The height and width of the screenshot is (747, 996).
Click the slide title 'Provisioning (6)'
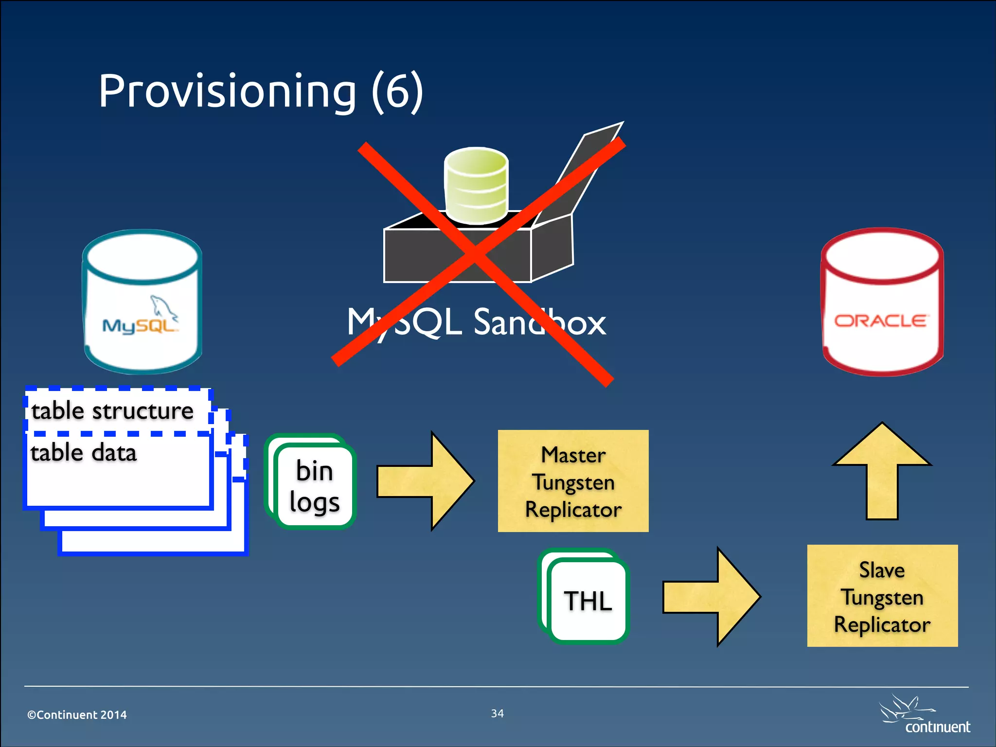pyautogui.click(x=261, y=91)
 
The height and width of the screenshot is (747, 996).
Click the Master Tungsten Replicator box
pyautogui.click(x=573, y=481)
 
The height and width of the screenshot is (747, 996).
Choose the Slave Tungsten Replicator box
pyautogui.click(x=882, y=596)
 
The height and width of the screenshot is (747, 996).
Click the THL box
pyautogui.click(x=587, y=601)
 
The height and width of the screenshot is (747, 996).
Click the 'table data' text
pyautogui.click(x=84, y=453)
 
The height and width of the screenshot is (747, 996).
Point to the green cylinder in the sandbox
pyautogui.click(x=476, y=185)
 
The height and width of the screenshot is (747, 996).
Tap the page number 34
pyautogui.click(x=497, y=713)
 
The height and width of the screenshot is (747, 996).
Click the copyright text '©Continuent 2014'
pyautogui.click(x=77, y=715)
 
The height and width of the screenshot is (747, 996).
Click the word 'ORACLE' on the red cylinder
pyautogui.click(x=880, y=321)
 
